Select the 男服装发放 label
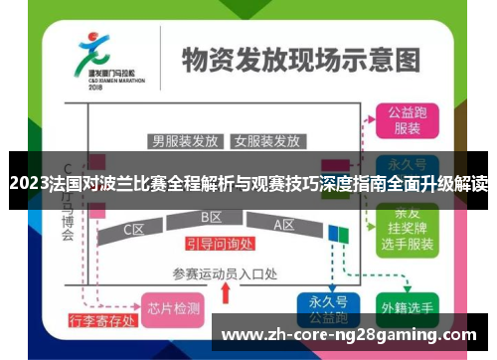coord(185,140)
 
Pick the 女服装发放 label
coord(266,140)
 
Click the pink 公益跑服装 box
coord(407,120)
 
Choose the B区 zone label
coord(211,217)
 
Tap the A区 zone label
coord(284,225)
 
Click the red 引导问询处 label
coord(219,244)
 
